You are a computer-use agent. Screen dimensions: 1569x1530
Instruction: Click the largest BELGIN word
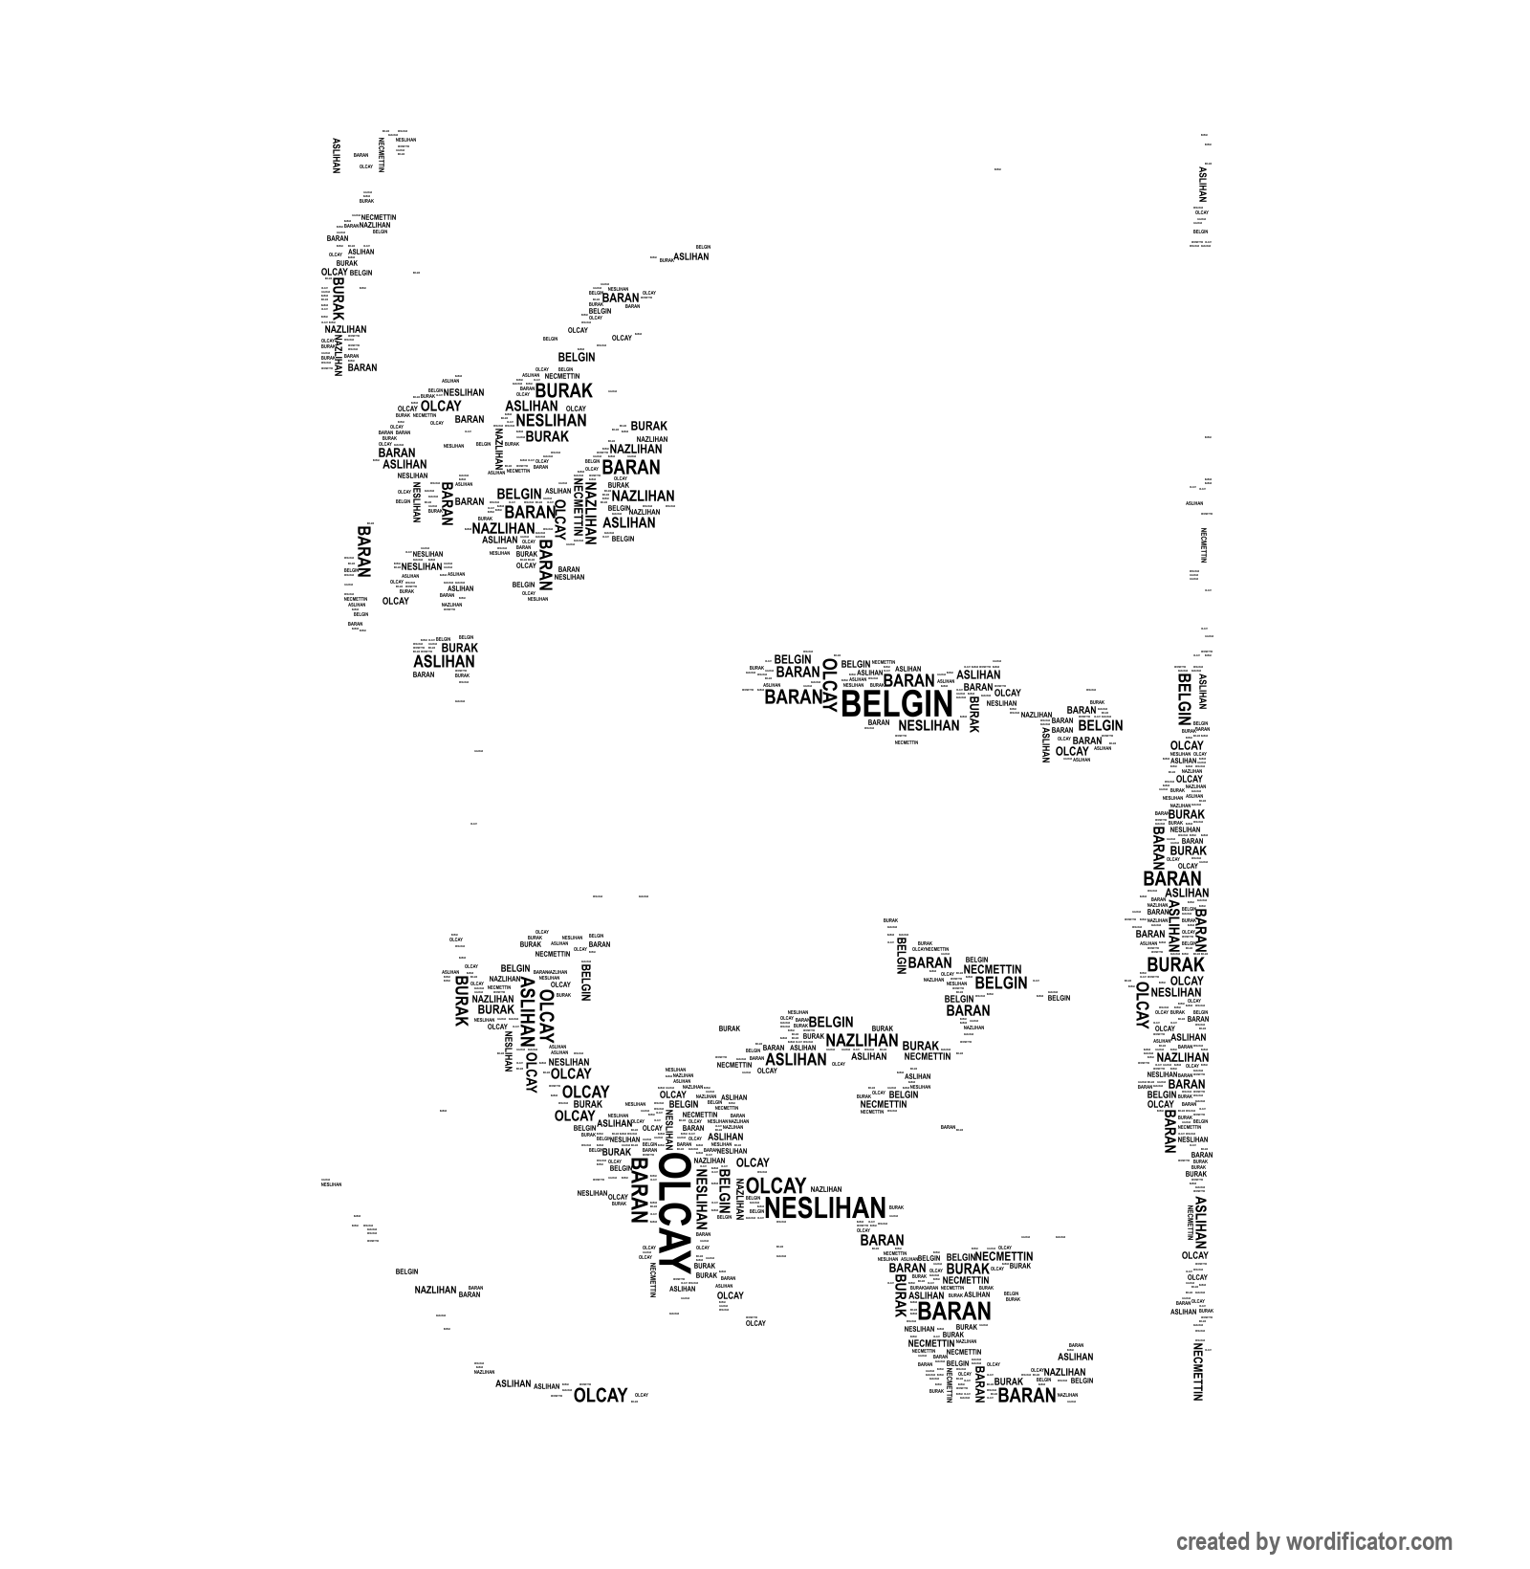coord(896,705)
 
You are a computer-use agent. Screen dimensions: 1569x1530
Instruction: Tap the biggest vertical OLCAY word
coord(673,1216)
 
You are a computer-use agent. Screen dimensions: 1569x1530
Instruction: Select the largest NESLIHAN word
coord(825,1208)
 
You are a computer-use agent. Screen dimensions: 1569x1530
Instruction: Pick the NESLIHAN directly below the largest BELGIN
coord(929,726)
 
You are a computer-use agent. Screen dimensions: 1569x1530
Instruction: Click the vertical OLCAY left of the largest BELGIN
coord(829,687)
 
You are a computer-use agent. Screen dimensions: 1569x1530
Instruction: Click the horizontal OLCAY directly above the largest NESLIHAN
coord(776,1185)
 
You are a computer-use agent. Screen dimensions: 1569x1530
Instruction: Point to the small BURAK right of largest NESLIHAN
coord(895,1208)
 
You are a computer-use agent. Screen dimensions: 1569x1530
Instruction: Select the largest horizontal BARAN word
coord(954,1312)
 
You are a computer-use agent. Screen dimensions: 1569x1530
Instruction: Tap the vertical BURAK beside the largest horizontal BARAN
coord(900,1295)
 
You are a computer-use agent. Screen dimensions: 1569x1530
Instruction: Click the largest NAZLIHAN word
coord(862,1040)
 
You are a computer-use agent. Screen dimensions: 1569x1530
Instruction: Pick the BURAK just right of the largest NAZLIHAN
coord(920,1046)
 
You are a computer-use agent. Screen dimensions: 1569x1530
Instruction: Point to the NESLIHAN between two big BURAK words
coord(551,420)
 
